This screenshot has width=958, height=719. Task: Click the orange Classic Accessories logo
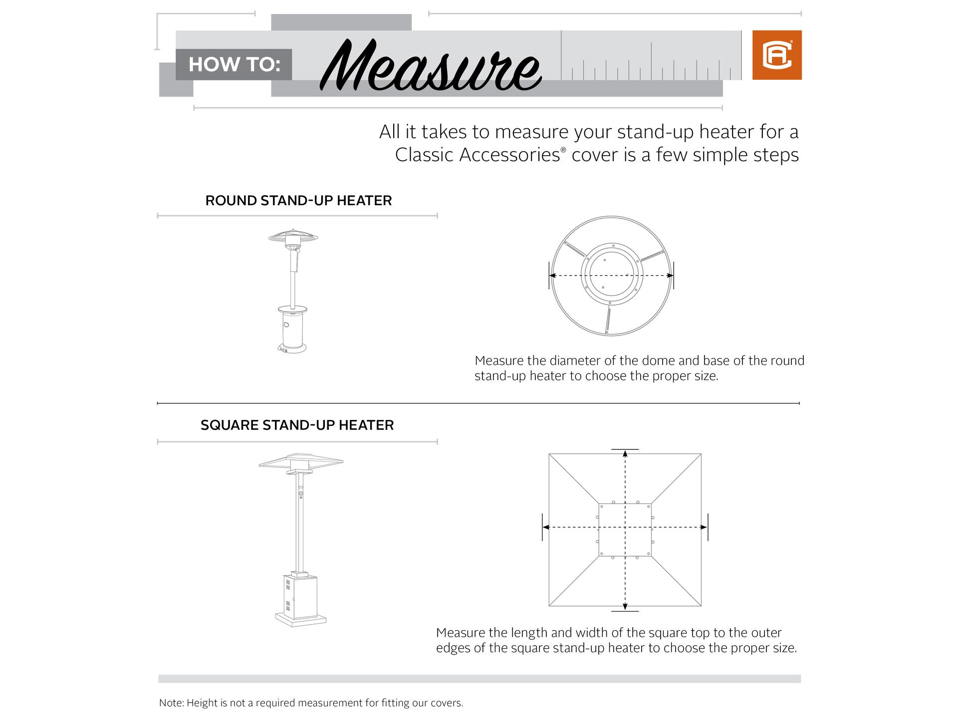click(776, 55)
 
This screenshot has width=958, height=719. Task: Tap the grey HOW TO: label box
click(234, 64)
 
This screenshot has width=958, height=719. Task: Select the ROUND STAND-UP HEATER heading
click(298, 201)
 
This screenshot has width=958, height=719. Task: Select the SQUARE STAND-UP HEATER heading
click(297, 425)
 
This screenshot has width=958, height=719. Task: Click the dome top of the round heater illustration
click(293, 235)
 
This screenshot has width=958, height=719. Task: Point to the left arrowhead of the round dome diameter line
click(552, 275)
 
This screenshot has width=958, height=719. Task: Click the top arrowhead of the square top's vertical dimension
click(625, 453)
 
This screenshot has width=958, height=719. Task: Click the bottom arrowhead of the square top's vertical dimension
click(625, 607)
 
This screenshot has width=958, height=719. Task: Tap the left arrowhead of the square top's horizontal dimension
click(546, 527)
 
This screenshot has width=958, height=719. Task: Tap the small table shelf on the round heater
click(293, 308)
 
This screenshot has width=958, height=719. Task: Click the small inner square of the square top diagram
click(625, 530)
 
